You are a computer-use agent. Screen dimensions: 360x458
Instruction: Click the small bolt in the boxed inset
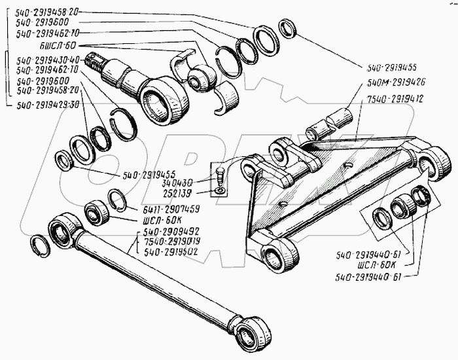coord(220,174)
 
